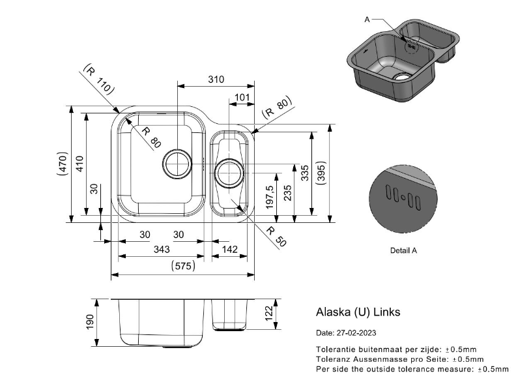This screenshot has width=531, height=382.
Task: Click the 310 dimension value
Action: [x=216, y=80]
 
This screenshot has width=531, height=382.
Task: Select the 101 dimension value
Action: [x=242, y=98]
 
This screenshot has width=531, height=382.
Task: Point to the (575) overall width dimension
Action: [x=182, y=266]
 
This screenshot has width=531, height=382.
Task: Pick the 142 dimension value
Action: [x=229, y=250]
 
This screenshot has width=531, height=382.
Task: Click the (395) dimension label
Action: [x=321, y=173]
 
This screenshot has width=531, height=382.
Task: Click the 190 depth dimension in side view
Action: [x=90, y=321]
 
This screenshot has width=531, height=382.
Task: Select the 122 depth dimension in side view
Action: [x=268, y=314]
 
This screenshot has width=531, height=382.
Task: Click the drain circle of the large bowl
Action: [x=177, y=164]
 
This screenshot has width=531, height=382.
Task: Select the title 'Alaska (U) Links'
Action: [x=358, y=312]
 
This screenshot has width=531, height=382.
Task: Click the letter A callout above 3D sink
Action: [x=367, y=20]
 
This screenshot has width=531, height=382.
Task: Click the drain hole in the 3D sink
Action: [x=404, y=75]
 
